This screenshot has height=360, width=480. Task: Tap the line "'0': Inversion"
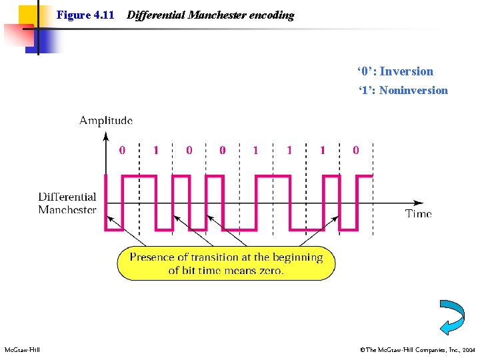[395, 71]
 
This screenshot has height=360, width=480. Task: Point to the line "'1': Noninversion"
[403, 90]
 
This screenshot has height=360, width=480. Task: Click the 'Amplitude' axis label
[106, 121]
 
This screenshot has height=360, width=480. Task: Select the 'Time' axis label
[419, 213]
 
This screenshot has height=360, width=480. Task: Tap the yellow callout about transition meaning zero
[226, 263]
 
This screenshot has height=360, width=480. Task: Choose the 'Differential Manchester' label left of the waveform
[67, 203]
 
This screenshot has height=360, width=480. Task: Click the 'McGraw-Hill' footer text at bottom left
[22, 349]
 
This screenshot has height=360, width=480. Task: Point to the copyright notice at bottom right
[417, 349]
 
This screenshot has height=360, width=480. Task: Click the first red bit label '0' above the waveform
[122, 151]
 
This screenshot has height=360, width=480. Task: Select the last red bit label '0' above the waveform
[355, 151]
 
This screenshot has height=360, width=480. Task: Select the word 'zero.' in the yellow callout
[270, 270]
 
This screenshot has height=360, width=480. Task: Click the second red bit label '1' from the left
[256, 151]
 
